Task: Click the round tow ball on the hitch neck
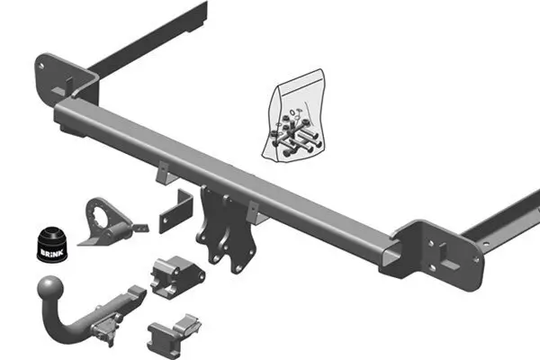tap(47, 289)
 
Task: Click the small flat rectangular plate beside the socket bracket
tap(175, 211)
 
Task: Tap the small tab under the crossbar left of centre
tap(162, 171)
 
